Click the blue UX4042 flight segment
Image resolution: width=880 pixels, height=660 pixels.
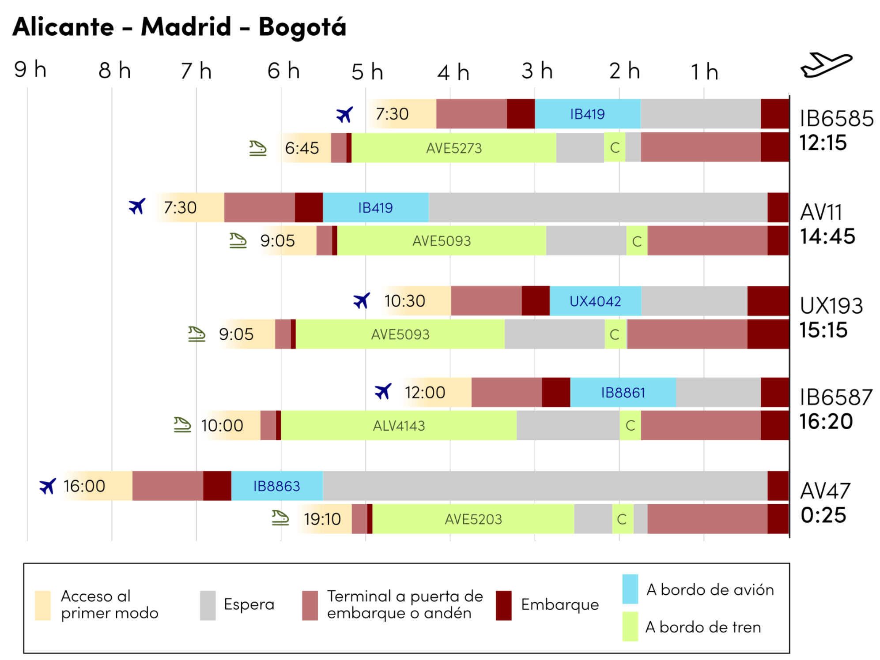pos(595,301)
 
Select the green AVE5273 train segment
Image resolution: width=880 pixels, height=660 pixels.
pos(453,148)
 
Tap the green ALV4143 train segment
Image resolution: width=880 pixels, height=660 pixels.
pos(398,425)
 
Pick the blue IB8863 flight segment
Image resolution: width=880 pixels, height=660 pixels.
pos(276,486)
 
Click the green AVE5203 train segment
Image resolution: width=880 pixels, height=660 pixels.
pos(473,519)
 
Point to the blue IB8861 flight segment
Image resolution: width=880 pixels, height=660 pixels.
pos(623,392)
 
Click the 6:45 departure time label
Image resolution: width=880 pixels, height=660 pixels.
pos(302,148)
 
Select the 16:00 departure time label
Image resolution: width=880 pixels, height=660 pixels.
pos(84,486)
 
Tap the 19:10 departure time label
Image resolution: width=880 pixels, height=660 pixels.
pos(322,519)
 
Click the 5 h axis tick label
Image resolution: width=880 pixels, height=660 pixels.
pos(367,71)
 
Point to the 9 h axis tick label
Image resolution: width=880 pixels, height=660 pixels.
pos(30,70)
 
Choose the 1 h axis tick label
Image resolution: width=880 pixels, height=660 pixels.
pos(704,71)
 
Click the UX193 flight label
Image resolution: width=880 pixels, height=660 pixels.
pos(831,305)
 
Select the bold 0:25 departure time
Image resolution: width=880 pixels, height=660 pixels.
pos(823,515)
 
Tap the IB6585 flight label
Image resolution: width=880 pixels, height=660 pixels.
pos(836,118)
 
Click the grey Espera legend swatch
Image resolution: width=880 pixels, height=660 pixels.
pos(208,605)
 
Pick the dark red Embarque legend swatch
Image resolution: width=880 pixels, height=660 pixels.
pos(503,605)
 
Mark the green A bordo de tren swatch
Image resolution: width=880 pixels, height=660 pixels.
pos(630,626)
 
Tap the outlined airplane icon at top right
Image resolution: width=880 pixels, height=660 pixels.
pos(826,65)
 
